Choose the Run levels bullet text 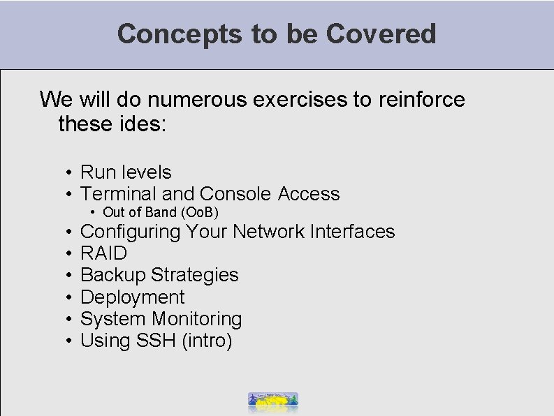[x=126, y=172]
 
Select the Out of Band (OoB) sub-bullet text [x=161, y=212]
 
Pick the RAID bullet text [x=104, y=253]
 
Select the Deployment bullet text [x=133, y=297]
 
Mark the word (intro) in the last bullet [x=207, y=341]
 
